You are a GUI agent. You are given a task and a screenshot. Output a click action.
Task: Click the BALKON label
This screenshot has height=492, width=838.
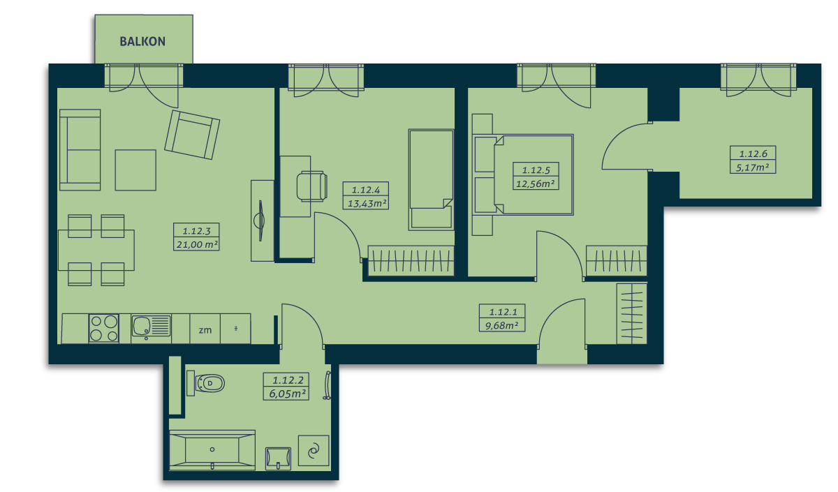click(x=142, y=41)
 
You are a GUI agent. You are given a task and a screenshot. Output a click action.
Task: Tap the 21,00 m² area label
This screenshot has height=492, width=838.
click(x=197, y=244)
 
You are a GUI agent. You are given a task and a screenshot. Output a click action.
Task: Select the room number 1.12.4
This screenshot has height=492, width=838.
click(x=366, y=190)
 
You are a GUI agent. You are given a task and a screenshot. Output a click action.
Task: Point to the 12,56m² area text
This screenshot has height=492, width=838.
click(x=536, y=184)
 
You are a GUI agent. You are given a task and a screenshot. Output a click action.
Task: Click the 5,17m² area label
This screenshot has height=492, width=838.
click(x=752, y=167)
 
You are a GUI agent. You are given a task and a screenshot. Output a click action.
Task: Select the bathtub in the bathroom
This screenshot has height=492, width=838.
click(x=212, y=449)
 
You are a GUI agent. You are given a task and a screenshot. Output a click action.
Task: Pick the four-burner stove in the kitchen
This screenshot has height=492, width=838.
click(x=103, y=328)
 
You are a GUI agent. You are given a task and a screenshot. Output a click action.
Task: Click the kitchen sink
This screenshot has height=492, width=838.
click(x=151, y=326)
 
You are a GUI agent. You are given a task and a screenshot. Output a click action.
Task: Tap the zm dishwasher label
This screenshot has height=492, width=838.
click(x=205, y=330)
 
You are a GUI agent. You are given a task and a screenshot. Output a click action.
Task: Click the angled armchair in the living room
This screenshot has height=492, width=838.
click(x=192, y=135)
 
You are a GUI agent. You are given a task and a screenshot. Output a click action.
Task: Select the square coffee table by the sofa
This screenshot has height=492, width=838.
click(x=135, y=170)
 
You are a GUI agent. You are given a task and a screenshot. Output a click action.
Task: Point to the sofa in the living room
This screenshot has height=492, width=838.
click(x=80, y=150)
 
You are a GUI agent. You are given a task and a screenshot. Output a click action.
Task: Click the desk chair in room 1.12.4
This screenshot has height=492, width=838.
click(x=312, y=186)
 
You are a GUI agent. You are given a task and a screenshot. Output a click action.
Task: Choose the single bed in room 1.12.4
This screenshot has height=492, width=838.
click(x=431, y=180)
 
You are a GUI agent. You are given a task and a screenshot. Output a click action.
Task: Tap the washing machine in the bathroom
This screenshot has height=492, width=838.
click(x=314, y=451)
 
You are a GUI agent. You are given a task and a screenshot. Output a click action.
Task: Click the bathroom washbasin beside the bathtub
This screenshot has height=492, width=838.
click(x=279, y=459)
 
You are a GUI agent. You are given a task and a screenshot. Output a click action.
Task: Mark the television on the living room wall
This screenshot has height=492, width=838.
click(x=260, y=221)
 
